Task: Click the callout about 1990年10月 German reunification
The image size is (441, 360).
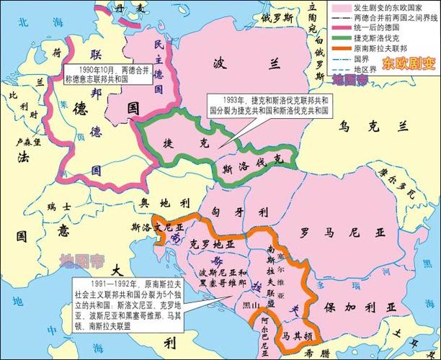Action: point(110,74)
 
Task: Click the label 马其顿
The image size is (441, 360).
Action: point(296,335)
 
